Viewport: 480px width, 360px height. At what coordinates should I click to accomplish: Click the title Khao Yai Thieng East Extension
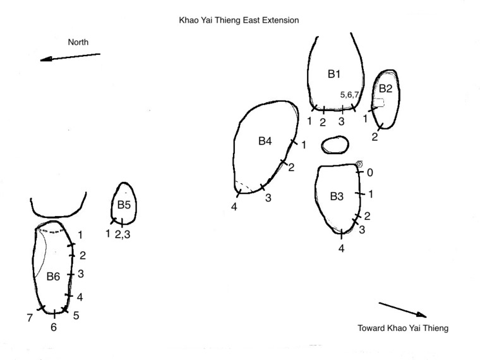[x=239, y=20]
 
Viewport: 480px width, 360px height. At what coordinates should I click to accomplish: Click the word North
[x=78, y=42]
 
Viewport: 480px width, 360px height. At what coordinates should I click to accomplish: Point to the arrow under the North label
[x=70, y=57]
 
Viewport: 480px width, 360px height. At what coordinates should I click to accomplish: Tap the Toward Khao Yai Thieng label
[x=403, y=328]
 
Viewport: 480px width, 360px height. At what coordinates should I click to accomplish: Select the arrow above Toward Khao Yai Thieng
[x=402, y=310]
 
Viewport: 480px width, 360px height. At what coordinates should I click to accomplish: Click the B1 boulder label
[x=334, y=74]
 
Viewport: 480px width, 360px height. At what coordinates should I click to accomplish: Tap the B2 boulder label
[x=385, y=88]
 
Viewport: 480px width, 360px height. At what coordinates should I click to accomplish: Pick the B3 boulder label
[x=337, y=196]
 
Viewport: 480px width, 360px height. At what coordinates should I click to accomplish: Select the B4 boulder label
[x=265, y=141]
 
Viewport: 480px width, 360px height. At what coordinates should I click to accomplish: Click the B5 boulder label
[x=124, y=205]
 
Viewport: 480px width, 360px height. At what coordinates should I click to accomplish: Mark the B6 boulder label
[x=53, y=277]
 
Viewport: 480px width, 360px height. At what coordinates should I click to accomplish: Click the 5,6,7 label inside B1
[x=349, y=95]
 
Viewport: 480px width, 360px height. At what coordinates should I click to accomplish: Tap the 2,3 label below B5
[x=123, y=234]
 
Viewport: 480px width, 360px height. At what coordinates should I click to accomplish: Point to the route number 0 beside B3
[x=370, y=172]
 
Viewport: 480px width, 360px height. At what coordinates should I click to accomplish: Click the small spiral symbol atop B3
[x=359, y=164]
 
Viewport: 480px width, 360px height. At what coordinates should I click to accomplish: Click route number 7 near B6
[x=30, y=318]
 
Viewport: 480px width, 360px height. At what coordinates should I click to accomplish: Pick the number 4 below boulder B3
[x=341, y=248]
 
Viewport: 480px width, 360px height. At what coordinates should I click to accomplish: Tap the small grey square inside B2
[x=380, y=102]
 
